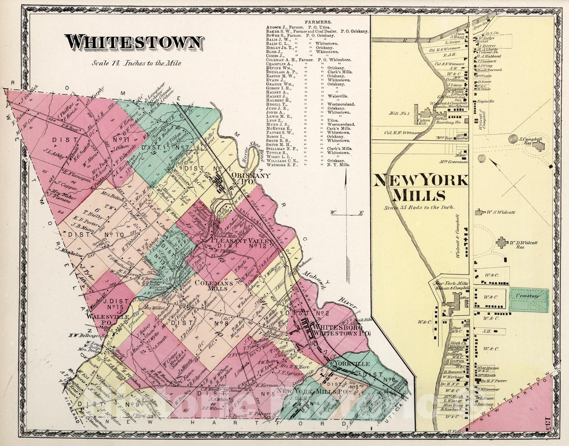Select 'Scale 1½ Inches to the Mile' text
click(x=137, y=63)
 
